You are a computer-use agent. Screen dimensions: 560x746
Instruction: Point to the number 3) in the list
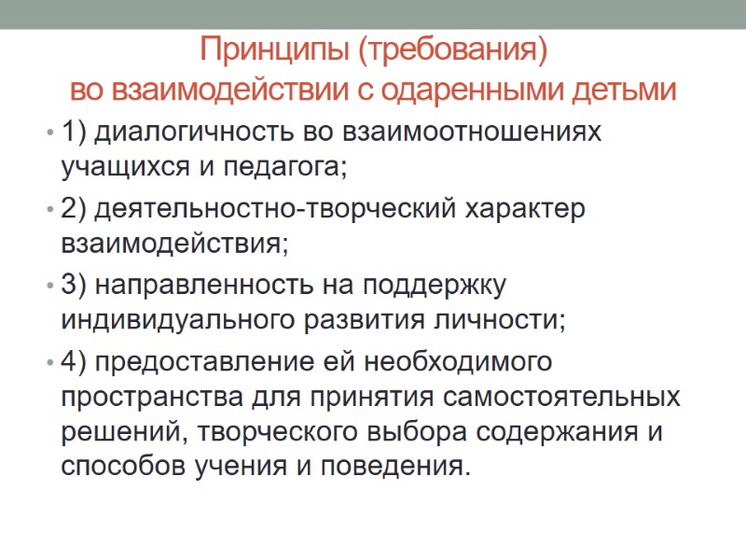(x=75, y=284)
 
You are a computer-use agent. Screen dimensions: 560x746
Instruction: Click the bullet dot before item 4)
(x=48, y=362)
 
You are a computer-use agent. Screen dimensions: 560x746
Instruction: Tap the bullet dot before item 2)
(x=48, y=211)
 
